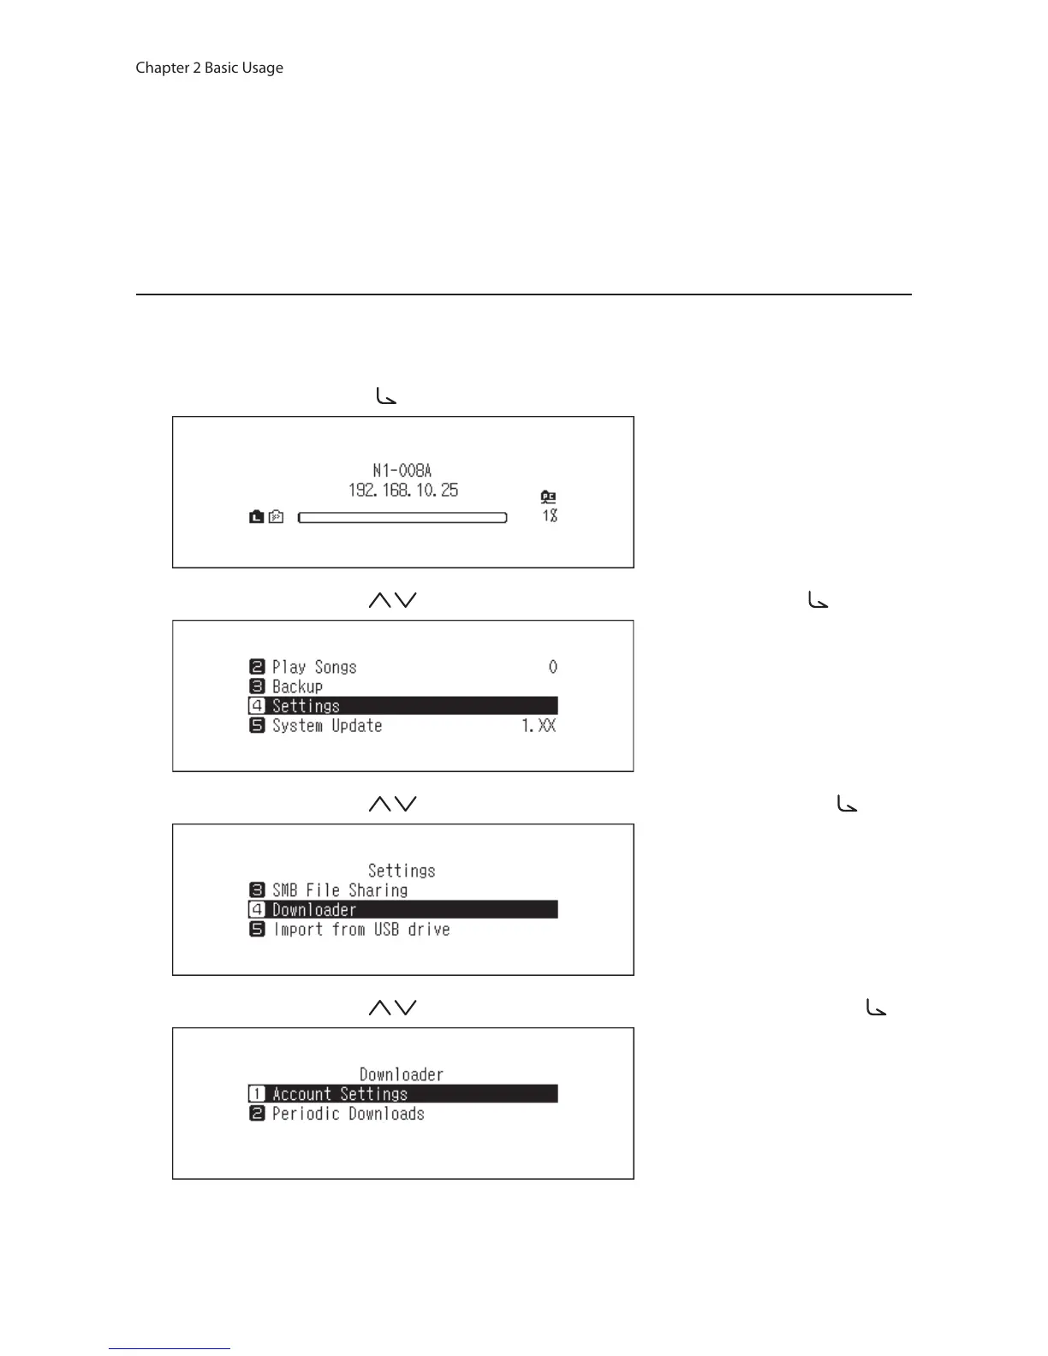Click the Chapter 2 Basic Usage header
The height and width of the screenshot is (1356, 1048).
pyautogui.click(x=209, y=68)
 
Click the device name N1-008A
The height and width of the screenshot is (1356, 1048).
pyautogui.click(x=402, y=470)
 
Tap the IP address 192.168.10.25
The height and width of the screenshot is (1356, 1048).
pyautogui.click(x=402, y=491)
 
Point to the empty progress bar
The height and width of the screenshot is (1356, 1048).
pyautogui.click(x=402, y=517)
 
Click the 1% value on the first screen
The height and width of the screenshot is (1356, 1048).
pyautogui.click(x=550, y=515)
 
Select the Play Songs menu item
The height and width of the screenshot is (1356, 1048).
pyautogui.click(x=313, y=667)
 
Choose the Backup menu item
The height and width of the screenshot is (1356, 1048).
pyautogui.click(x=297, y=687)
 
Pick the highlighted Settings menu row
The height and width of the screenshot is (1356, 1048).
pyautogui.click(x=402, y=705)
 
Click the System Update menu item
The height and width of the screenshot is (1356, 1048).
pyautogui.click(x=326, y=726)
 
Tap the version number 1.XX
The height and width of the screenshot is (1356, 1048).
pyautogui.click(x=539, y=726)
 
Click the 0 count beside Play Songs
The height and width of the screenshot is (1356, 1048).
pyautogui.click(x=553, y=667)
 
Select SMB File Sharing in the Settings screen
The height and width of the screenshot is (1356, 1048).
pyautogui.click(x=339, y=890)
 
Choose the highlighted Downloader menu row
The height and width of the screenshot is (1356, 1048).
pyautogui.click(x=402, y=909)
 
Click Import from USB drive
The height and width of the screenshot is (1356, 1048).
pyautogui.click(x=360, y=930)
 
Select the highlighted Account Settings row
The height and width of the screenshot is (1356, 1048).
pyautogui.click(x=402, y=1094)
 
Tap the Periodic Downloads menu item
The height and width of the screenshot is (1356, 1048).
pyautogui.click(x=348, y=1114)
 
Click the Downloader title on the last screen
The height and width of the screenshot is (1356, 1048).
pyautogui.click(x=402, y=1074)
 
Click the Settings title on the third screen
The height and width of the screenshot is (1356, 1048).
pyautogui.click(x=402, y=871)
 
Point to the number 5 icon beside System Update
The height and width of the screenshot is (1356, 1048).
pyautogui.click(x=257, y=726)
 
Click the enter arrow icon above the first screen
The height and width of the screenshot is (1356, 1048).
pyautogui.click(x=386, y=396)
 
